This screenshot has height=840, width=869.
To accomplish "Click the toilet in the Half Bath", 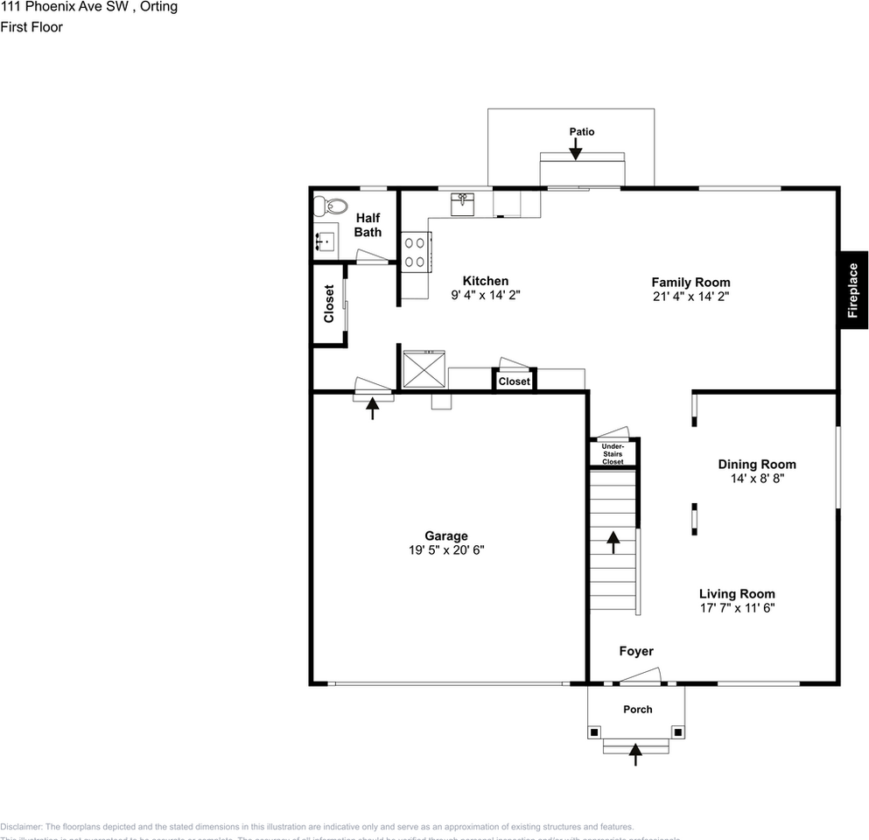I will pos(331,206).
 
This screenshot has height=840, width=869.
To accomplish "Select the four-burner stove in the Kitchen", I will pos(415,252).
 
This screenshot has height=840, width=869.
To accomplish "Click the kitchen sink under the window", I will pos(462,204).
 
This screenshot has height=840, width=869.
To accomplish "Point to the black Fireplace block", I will pos(853,290).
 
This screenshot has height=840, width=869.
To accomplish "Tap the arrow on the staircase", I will pos(613,542).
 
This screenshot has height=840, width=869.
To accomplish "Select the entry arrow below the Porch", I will pos(635,754).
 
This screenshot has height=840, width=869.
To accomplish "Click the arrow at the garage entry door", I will pos(374,408).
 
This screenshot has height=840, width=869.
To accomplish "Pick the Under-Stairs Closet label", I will pos(613,453).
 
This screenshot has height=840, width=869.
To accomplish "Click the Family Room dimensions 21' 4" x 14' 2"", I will pos(690,297).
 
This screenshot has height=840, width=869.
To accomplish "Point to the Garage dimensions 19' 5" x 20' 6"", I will pos(446,550).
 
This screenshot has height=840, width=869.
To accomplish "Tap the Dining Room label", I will pos(757,465).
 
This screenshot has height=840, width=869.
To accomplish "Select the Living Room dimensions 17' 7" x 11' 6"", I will pos(737,607).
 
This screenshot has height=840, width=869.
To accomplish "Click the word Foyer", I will pos(636,651).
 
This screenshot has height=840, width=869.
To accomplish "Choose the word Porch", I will pos(637,710).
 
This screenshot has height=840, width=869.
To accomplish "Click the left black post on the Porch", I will pos(595,731).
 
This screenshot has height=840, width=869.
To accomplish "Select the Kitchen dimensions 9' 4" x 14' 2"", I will pos(486,296).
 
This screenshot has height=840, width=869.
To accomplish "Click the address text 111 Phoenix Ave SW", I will pos(66,7).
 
